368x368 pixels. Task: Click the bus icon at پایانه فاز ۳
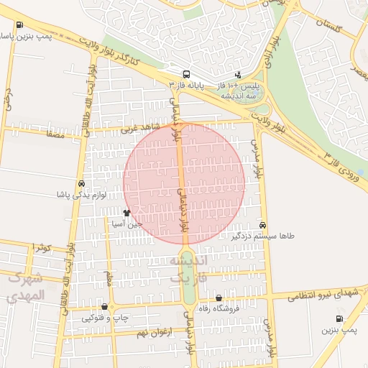tap(187, 74)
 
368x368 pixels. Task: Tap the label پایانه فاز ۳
tap(186, 85)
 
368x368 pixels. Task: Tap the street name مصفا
tap(55, 134)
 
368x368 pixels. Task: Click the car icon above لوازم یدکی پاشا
tap(81, 184)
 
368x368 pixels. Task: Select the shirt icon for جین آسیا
tap(127, 213)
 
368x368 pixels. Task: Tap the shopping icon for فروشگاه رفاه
tap(218, 298)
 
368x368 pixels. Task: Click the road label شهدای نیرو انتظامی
tap(327, 293)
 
